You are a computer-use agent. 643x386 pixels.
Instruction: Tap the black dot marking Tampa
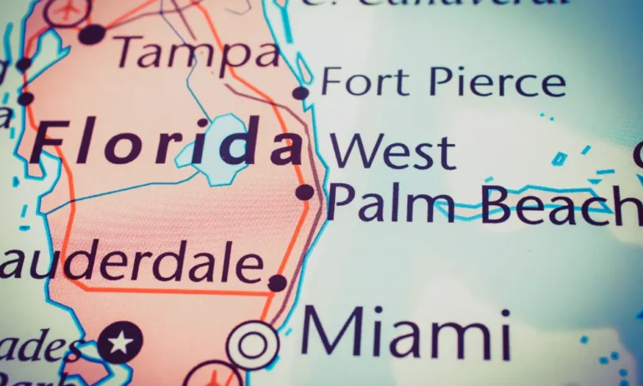(x=92, y=34)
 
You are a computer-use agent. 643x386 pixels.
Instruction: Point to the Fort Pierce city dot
(x=301, y=93)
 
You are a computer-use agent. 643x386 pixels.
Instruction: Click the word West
(x=393, y=152)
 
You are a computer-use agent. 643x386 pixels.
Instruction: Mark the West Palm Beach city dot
(x=305, y=193)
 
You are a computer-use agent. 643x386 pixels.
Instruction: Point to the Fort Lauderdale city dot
(x=277, y=283)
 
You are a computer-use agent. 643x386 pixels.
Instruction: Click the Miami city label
(x=406, y=333)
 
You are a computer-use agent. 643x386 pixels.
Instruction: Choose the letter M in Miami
(x=330, y=333)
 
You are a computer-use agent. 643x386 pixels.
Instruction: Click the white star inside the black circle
(x=121, y=342)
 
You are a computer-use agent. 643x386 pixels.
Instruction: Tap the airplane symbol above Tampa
(x=67, y=10)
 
